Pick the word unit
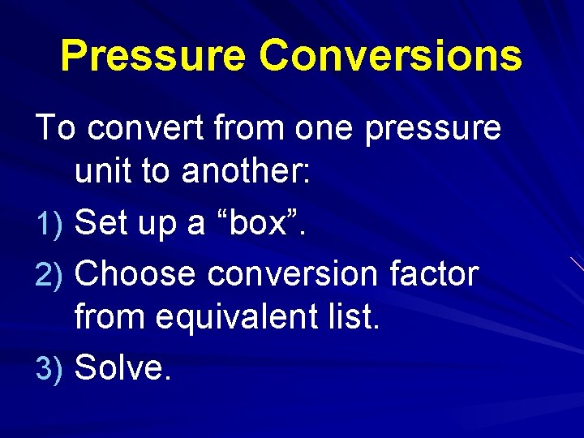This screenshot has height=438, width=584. coord(103,173)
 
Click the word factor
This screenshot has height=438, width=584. coord(434,274)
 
